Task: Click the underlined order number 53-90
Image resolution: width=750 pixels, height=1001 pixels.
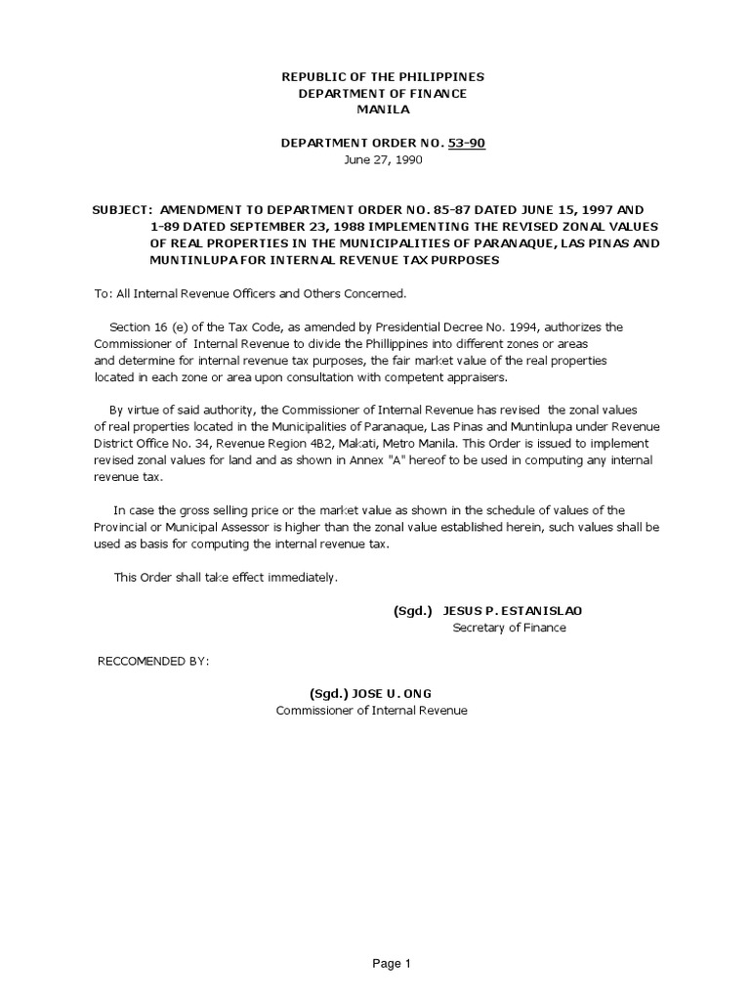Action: (x=466, y=143)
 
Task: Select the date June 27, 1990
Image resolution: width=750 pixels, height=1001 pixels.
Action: (x=383, y=159)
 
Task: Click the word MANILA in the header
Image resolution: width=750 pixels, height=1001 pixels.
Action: (x=383, y=109)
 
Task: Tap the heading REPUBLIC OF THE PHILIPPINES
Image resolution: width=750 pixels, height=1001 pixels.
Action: (x=383, y=76)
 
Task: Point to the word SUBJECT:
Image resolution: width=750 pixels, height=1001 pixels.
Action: (x=122, y=210)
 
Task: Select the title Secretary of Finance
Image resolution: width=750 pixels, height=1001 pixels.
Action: (x=509, y=628)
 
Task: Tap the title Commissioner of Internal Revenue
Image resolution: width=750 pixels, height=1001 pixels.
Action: (x=372, y=711)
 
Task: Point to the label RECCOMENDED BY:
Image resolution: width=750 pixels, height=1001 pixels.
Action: (x=153, y=661)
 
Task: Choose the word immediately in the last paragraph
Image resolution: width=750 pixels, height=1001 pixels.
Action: (x=304, y=578)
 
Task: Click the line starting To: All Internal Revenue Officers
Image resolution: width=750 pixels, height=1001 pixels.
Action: (x=249, y=293)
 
